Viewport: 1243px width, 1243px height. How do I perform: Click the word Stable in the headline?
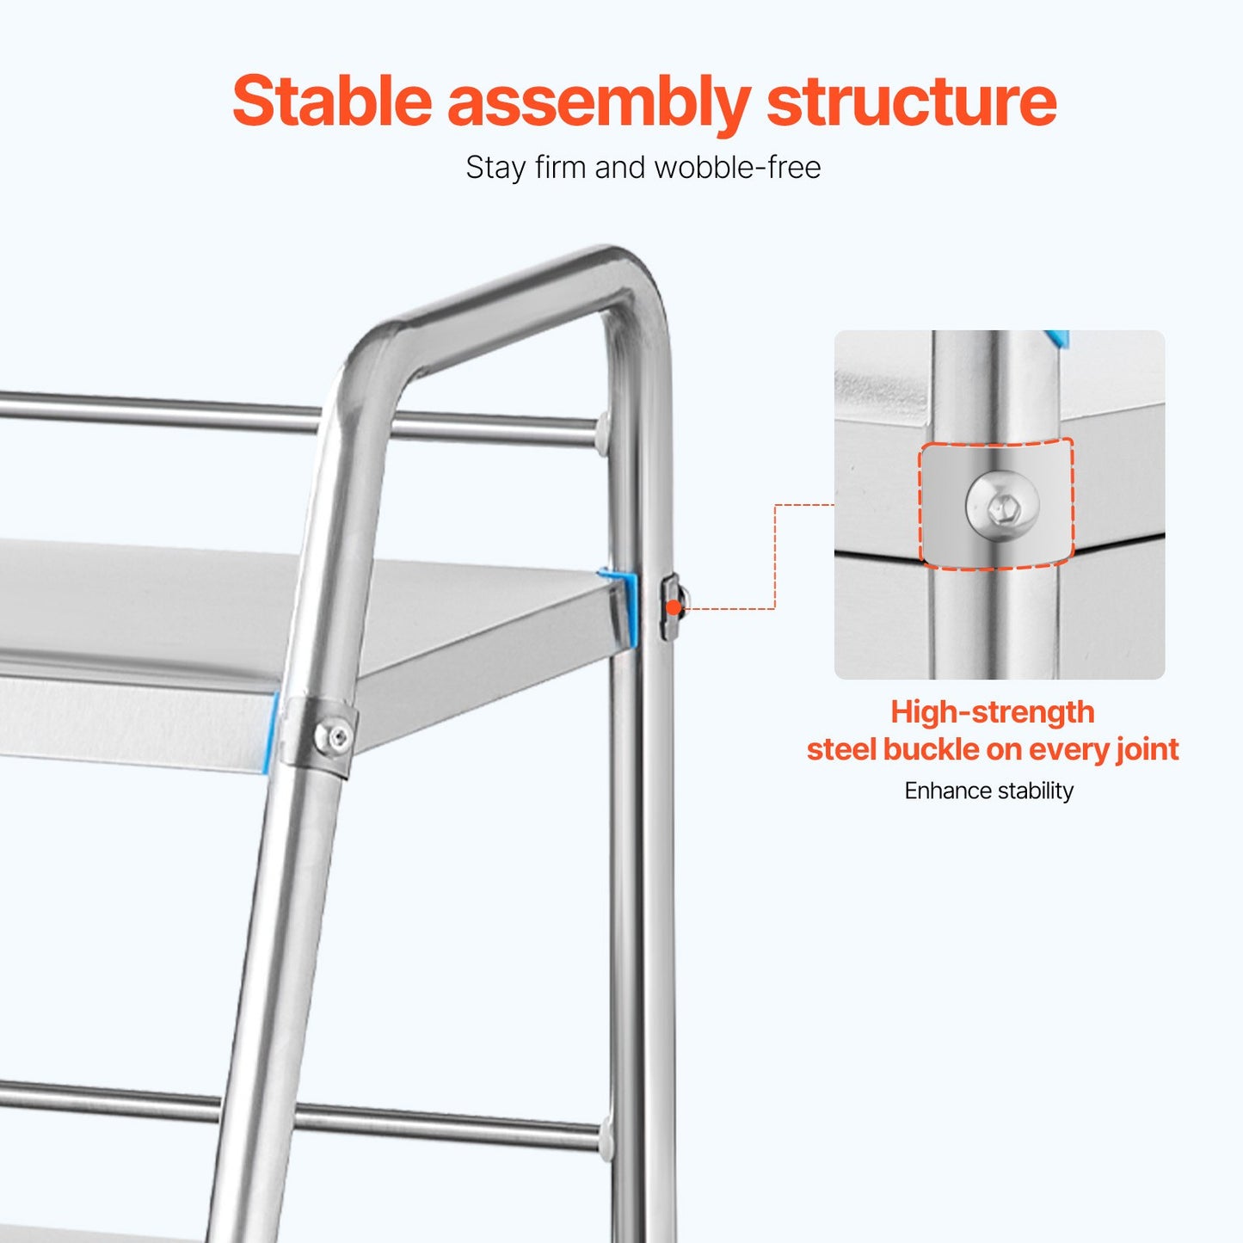332,102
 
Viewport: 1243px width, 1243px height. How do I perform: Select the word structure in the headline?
911,102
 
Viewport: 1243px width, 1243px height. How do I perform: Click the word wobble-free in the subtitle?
737,167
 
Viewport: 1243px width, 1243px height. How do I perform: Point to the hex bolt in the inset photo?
1002,506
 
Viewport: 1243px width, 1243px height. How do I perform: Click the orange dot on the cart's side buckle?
674,607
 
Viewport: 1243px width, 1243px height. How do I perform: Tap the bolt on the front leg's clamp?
334,736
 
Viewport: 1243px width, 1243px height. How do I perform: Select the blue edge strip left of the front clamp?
274,731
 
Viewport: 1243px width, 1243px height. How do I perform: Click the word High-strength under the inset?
992,712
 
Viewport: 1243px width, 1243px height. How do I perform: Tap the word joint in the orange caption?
1148,749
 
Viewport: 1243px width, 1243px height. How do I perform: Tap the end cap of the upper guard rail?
602,431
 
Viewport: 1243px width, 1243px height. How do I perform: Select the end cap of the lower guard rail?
605,1135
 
